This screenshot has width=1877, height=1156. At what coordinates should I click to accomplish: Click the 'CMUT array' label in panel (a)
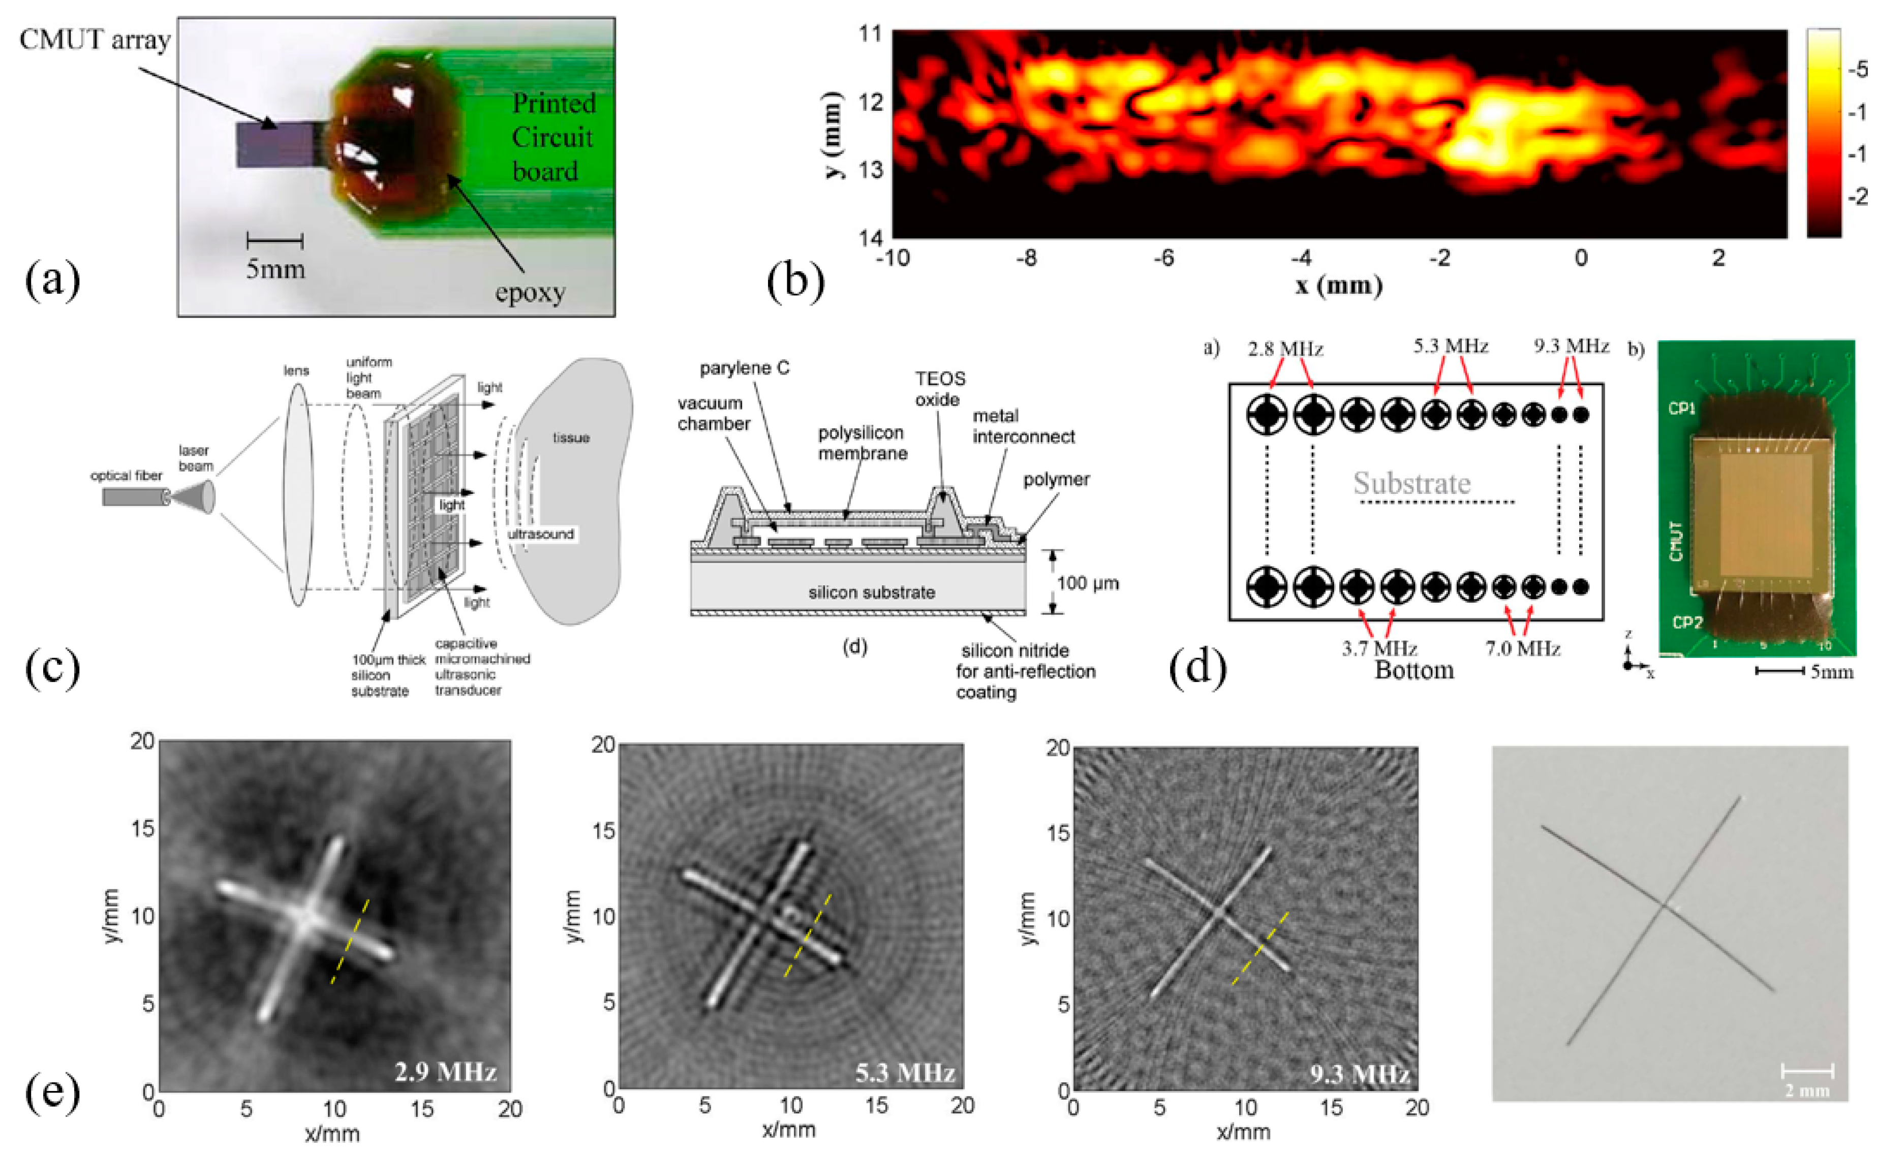(x=95, y=40)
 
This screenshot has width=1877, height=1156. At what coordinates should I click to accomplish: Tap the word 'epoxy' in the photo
(x=530, y=293)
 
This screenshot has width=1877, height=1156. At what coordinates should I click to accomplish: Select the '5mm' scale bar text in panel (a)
(x=275, y=269)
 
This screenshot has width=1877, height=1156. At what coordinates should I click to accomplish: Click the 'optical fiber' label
(x=126, y=476)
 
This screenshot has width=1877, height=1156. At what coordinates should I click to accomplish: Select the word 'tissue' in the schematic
(x=571, y=438)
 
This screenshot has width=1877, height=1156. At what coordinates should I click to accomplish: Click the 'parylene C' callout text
(x=745, y=368)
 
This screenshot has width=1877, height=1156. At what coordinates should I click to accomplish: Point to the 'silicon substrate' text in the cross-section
(x=872, y=592)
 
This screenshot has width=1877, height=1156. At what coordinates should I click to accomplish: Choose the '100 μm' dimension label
(x=1087, y=583)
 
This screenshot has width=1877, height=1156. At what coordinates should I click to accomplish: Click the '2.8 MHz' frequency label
(x=1285, y=350)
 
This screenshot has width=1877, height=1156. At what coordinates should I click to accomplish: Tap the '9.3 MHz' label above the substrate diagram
(x=1571, y=347)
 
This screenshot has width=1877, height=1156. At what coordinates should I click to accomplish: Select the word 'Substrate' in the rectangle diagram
(x=1411, y=483)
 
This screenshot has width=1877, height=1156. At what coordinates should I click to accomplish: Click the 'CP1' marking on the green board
(x=1681, y=409)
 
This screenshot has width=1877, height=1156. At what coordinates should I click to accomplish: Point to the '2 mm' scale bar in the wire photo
(x=1807, y=1089)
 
